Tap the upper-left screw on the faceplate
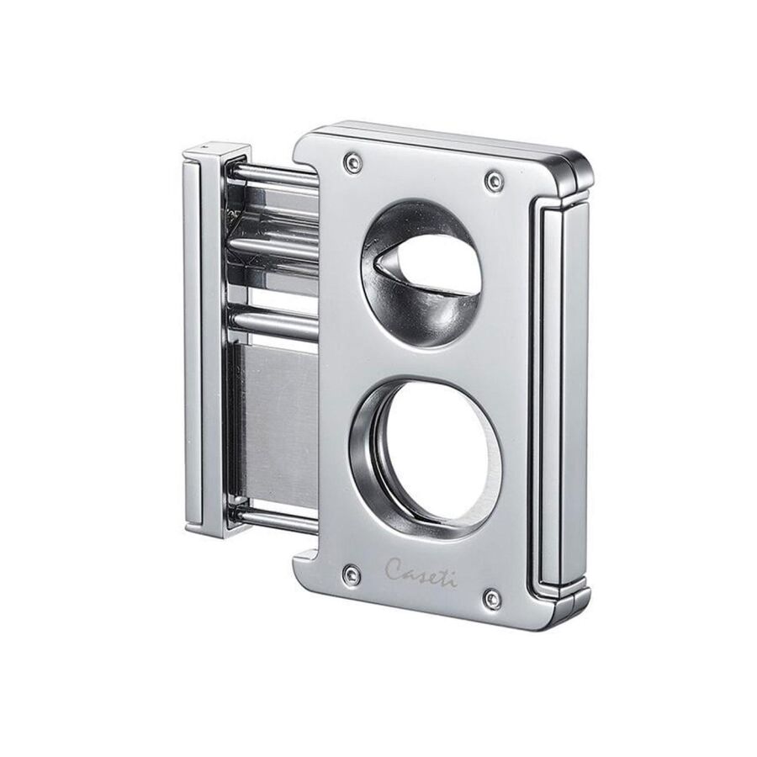click(x=351, y=161)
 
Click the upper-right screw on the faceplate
click(x=494, y=181)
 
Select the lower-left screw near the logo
click(x=351, y=573)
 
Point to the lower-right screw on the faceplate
click(x=492, y=599)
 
